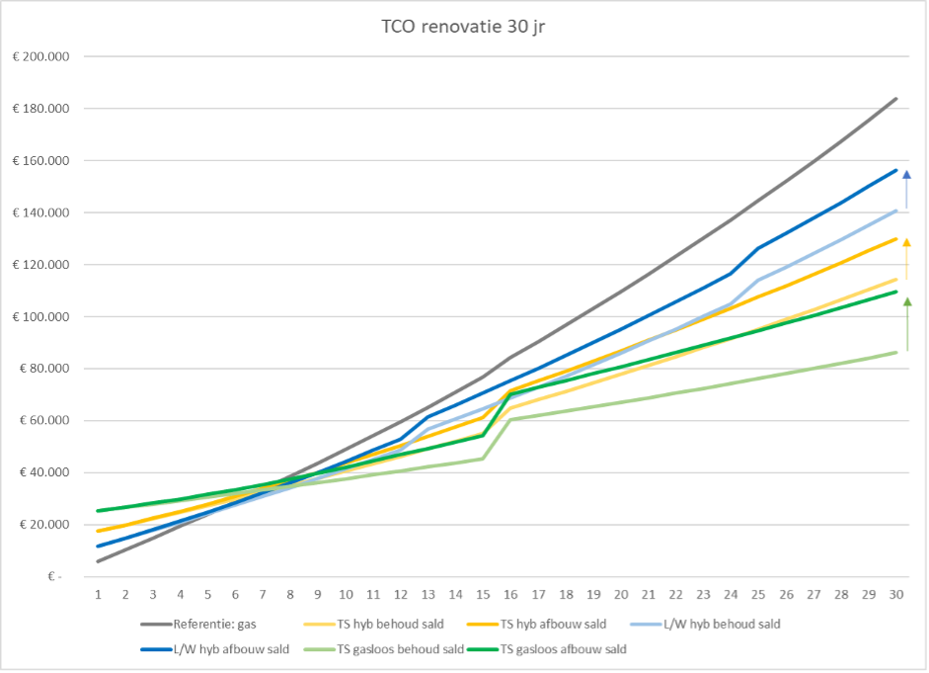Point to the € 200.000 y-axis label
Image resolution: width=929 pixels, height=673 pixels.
[x=41, y=57]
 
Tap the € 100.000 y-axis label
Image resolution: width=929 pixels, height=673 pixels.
[x=41, y=316]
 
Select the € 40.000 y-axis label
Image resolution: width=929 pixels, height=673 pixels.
[x=44, y=472]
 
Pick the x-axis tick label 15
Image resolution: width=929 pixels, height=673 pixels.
[x=483, y=594]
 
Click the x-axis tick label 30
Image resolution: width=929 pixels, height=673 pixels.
[x=895, y=594]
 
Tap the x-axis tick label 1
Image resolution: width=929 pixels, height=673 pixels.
[x=98, y=594]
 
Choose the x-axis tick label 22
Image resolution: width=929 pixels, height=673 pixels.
[x=675, y=594]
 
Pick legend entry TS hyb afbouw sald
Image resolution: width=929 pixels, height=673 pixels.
[x=553, y=624]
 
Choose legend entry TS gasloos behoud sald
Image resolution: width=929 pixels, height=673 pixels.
[x=401, y=649]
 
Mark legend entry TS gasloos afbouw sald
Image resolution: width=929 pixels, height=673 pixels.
[x=564, y=649]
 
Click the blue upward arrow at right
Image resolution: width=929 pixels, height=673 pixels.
[x=906, y=187]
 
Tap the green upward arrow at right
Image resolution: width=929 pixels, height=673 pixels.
[x=906, y=323]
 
